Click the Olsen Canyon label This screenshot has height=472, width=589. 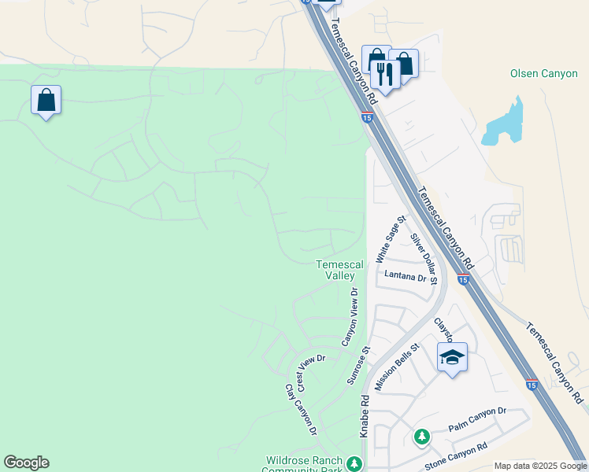pos(543,74)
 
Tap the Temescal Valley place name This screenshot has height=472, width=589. pos(339,271)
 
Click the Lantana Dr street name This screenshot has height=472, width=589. pos(405,276)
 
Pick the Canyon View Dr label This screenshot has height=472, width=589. pos(350,316)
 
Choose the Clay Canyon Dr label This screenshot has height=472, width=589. pos(301,409)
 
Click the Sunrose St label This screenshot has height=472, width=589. pos(358,365)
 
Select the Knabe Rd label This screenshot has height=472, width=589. pos(365,416)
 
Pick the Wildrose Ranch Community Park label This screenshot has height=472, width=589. pos(303,465)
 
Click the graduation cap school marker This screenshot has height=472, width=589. pos(452,358)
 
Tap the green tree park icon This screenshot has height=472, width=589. pos(422,436)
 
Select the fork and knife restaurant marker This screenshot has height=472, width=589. pos(384,75)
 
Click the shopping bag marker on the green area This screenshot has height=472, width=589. pos(46,100)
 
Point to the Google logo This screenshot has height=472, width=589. pos(26,463)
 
